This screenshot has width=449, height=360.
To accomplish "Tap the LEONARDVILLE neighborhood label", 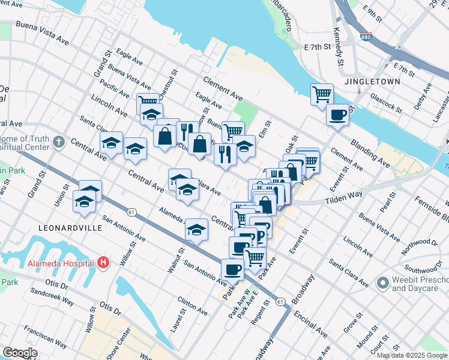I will coord(65,229).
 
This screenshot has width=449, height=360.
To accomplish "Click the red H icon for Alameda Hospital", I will coord(103,263).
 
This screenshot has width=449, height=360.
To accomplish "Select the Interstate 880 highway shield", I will coord(366,37).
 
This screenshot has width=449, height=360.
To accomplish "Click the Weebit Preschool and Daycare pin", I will coord(382,283).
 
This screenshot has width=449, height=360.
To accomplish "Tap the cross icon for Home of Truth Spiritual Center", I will coord(58,142).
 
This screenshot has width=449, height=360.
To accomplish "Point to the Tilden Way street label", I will coord(344,200).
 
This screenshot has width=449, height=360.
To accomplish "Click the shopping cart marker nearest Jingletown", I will coord(322,94).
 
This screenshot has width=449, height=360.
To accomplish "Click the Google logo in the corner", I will coord(20,353).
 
